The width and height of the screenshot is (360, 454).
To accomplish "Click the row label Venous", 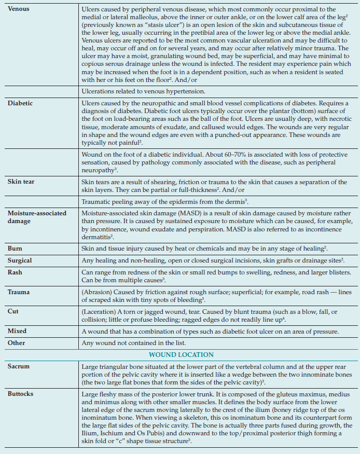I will click(x=18, y=9).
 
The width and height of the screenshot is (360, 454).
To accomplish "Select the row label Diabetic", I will click(x=20, y=103).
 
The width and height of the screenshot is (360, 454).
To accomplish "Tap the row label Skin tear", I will click(x=21, y=182).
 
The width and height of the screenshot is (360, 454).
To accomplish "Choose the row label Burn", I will click(x=15, y=249).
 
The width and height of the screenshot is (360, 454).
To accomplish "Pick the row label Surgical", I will click(x=20, y=260).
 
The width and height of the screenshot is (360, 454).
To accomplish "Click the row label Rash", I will click(x=15, y=272).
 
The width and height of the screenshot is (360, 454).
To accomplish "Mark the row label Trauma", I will click(x=19, y=292).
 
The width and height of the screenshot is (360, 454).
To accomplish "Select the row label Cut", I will click(x=13, y=312).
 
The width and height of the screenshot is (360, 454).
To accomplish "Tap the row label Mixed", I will click(x=17, y=331).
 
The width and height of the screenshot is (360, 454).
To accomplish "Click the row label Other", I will click(x=16, y=343).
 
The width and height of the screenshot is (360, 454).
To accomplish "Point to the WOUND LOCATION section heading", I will click(x=181, y=355).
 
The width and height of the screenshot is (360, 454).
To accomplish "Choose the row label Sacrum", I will click(x=19, y=366).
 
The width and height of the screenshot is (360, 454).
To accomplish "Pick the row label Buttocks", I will click(x=21, y=394).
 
